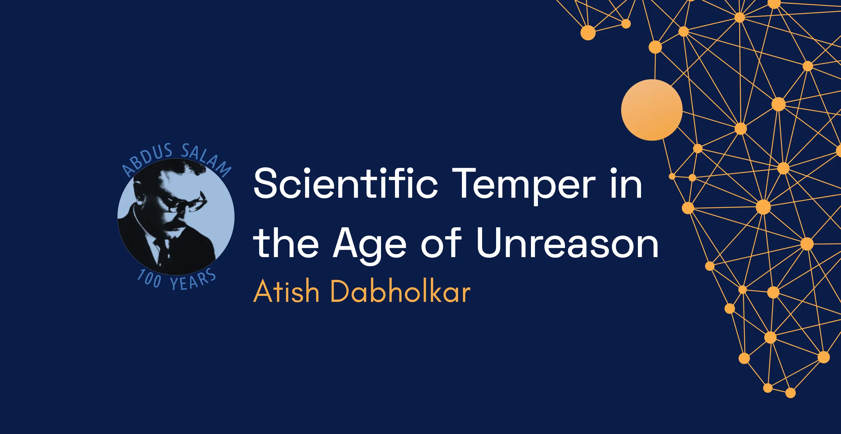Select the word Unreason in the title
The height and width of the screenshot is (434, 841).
[x=567, y=242]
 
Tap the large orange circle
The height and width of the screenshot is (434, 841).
[x=652, y=110]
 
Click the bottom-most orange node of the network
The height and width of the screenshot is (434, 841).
[x=790, y=393]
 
